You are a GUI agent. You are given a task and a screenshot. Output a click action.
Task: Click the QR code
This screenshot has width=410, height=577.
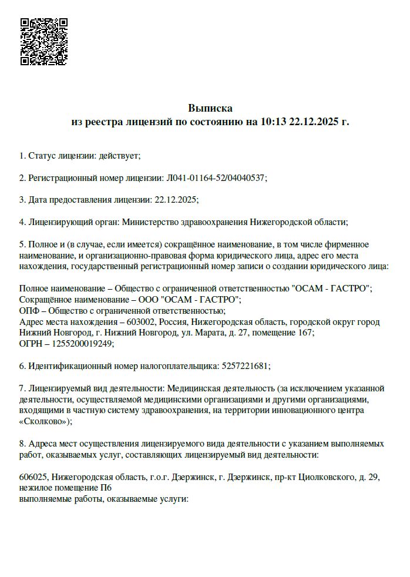44,42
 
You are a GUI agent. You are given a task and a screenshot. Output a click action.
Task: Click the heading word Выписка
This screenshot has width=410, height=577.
210,108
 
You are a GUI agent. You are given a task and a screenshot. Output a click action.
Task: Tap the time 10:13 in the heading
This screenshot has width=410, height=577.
272,122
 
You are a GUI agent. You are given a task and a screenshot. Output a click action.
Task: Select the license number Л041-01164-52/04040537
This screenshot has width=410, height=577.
215,177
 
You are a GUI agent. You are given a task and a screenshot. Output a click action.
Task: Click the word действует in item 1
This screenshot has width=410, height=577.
119,156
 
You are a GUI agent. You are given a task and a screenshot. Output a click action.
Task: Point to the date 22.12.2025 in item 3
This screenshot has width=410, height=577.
176,200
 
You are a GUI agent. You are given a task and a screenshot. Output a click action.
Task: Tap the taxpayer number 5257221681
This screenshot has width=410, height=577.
245,366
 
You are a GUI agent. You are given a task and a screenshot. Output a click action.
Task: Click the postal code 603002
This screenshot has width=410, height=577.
143,322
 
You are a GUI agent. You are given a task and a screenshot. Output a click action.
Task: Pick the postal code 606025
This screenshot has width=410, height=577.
33,478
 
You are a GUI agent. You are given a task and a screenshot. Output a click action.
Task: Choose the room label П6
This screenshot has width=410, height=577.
106,488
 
